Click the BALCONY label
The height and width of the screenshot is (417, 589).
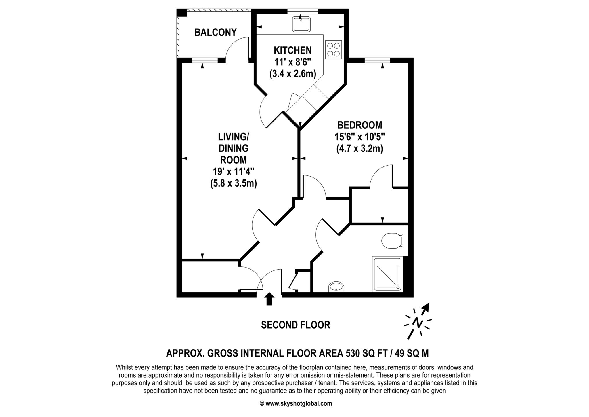[215, 32]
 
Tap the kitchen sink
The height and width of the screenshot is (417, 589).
[301, 24]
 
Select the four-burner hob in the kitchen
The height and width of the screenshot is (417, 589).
[334, 50]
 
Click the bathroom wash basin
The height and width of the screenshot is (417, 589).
[336, 287]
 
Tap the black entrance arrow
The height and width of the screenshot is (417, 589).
[269, 299]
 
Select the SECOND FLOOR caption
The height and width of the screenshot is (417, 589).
[295, 325]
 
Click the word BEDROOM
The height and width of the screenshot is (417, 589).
[360, 125]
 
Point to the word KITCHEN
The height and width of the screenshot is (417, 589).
[292, 50]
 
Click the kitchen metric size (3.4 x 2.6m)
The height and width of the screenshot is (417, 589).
[293, 74]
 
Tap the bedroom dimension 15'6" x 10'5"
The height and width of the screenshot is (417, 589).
[360, 137]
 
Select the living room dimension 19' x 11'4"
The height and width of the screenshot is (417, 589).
[233, 172]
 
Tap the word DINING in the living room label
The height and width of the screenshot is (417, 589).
[234, 148]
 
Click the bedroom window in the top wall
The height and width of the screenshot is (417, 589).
[377, 60]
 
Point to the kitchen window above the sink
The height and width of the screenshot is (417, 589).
[303, 11]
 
